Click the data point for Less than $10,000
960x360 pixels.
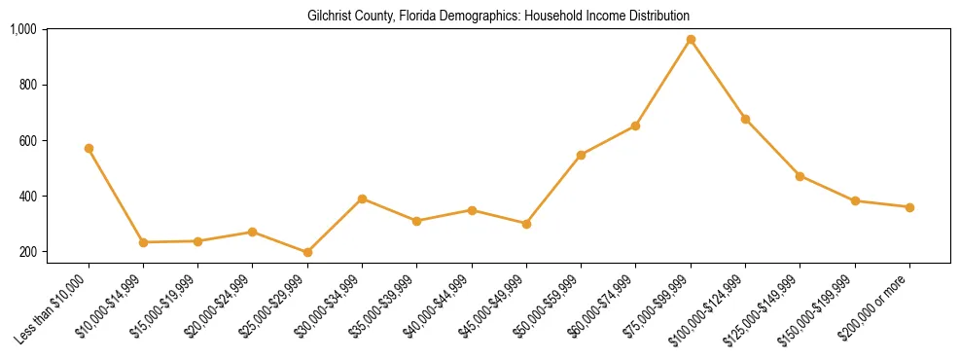(x=89, y=149)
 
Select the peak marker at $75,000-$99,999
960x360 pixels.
(x=691, y=40)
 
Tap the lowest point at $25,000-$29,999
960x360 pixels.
(x=307, y=253)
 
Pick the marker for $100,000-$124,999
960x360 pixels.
(x=745, y=119)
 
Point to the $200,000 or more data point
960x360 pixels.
(x=909, y=207)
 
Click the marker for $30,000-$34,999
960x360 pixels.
(x=362, y=198)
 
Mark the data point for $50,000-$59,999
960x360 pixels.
(x=581, y=155)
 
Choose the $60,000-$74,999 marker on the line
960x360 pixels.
(x=635, y=126)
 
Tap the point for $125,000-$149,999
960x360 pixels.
(x=800, y=176)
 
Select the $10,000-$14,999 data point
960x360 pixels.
(x=143, y=242)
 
